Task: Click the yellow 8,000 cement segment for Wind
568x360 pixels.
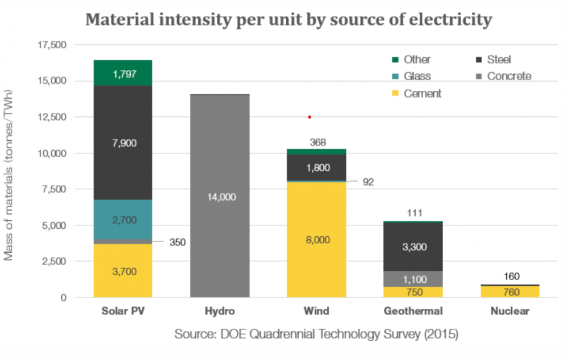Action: [x=316, y=239]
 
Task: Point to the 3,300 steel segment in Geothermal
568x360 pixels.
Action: [x=414, y=246]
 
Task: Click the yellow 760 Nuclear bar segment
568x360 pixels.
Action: [x=509, y=291]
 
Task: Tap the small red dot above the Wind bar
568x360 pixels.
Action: [x=310, y=117]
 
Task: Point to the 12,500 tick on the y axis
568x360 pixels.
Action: [x=51, y=117]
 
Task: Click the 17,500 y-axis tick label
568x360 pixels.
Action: [x=51, y=45]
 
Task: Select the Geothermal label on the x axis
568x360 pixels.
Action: [x=413, y=311]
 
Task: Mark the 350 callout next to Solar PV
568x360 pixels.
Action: [x=177, y=242]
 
